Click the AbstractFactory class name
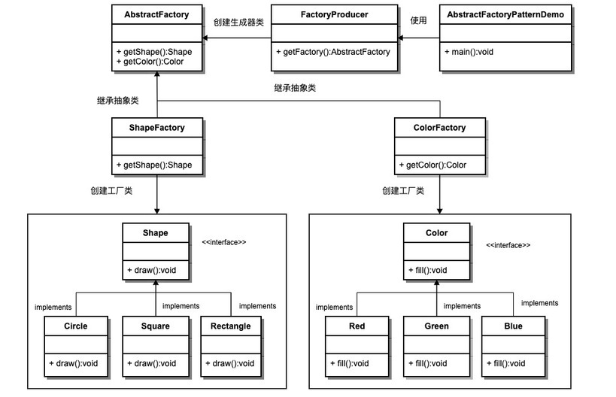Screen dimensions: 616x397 [x=156, y=14]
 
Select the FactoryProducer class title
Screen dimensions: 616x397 [x=334, y=14]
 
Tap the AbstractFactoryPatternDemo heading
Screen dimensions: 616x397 [x=505, y=14]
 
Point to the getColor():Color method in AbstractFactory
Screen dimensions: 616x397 [x=150, y=62]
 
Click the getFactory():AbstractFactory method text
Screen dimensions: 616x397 [x=333, y=52]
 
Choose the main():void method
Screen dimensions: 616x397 [x=469, y=52]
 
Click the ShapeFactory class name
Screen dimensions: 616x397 [x=156, y=128]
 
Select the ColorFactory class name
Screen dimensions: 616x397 [x=439, y=128]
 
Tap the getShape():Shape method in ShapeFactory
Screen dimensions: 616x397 [x=154, y=165]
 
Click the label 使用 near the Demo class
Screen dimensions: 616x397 [x=418, y=20]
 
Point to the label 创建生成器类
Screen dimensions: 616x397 [x=238, y=23]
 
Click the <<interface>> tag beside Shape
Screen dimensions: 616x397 [x=224, y=242]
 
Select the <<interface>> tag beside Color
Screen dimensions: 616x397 [x=508, y=245]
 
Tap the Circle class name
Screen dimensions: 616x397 [x=76, y=326]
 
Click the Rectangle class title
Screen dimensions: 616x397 [x=231, y=326]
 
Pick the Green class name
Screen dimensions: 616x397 [x=436, y=326]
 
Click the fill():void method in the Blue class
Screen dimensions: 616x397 [x=506, y=364]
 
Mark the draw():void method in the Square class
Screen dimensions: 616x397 [x=152, y=364]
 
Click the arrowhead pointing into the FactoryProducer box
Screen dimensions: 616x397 [x=400, y=38]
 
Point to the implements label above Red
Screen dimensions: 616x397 [x=334, y=307]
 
